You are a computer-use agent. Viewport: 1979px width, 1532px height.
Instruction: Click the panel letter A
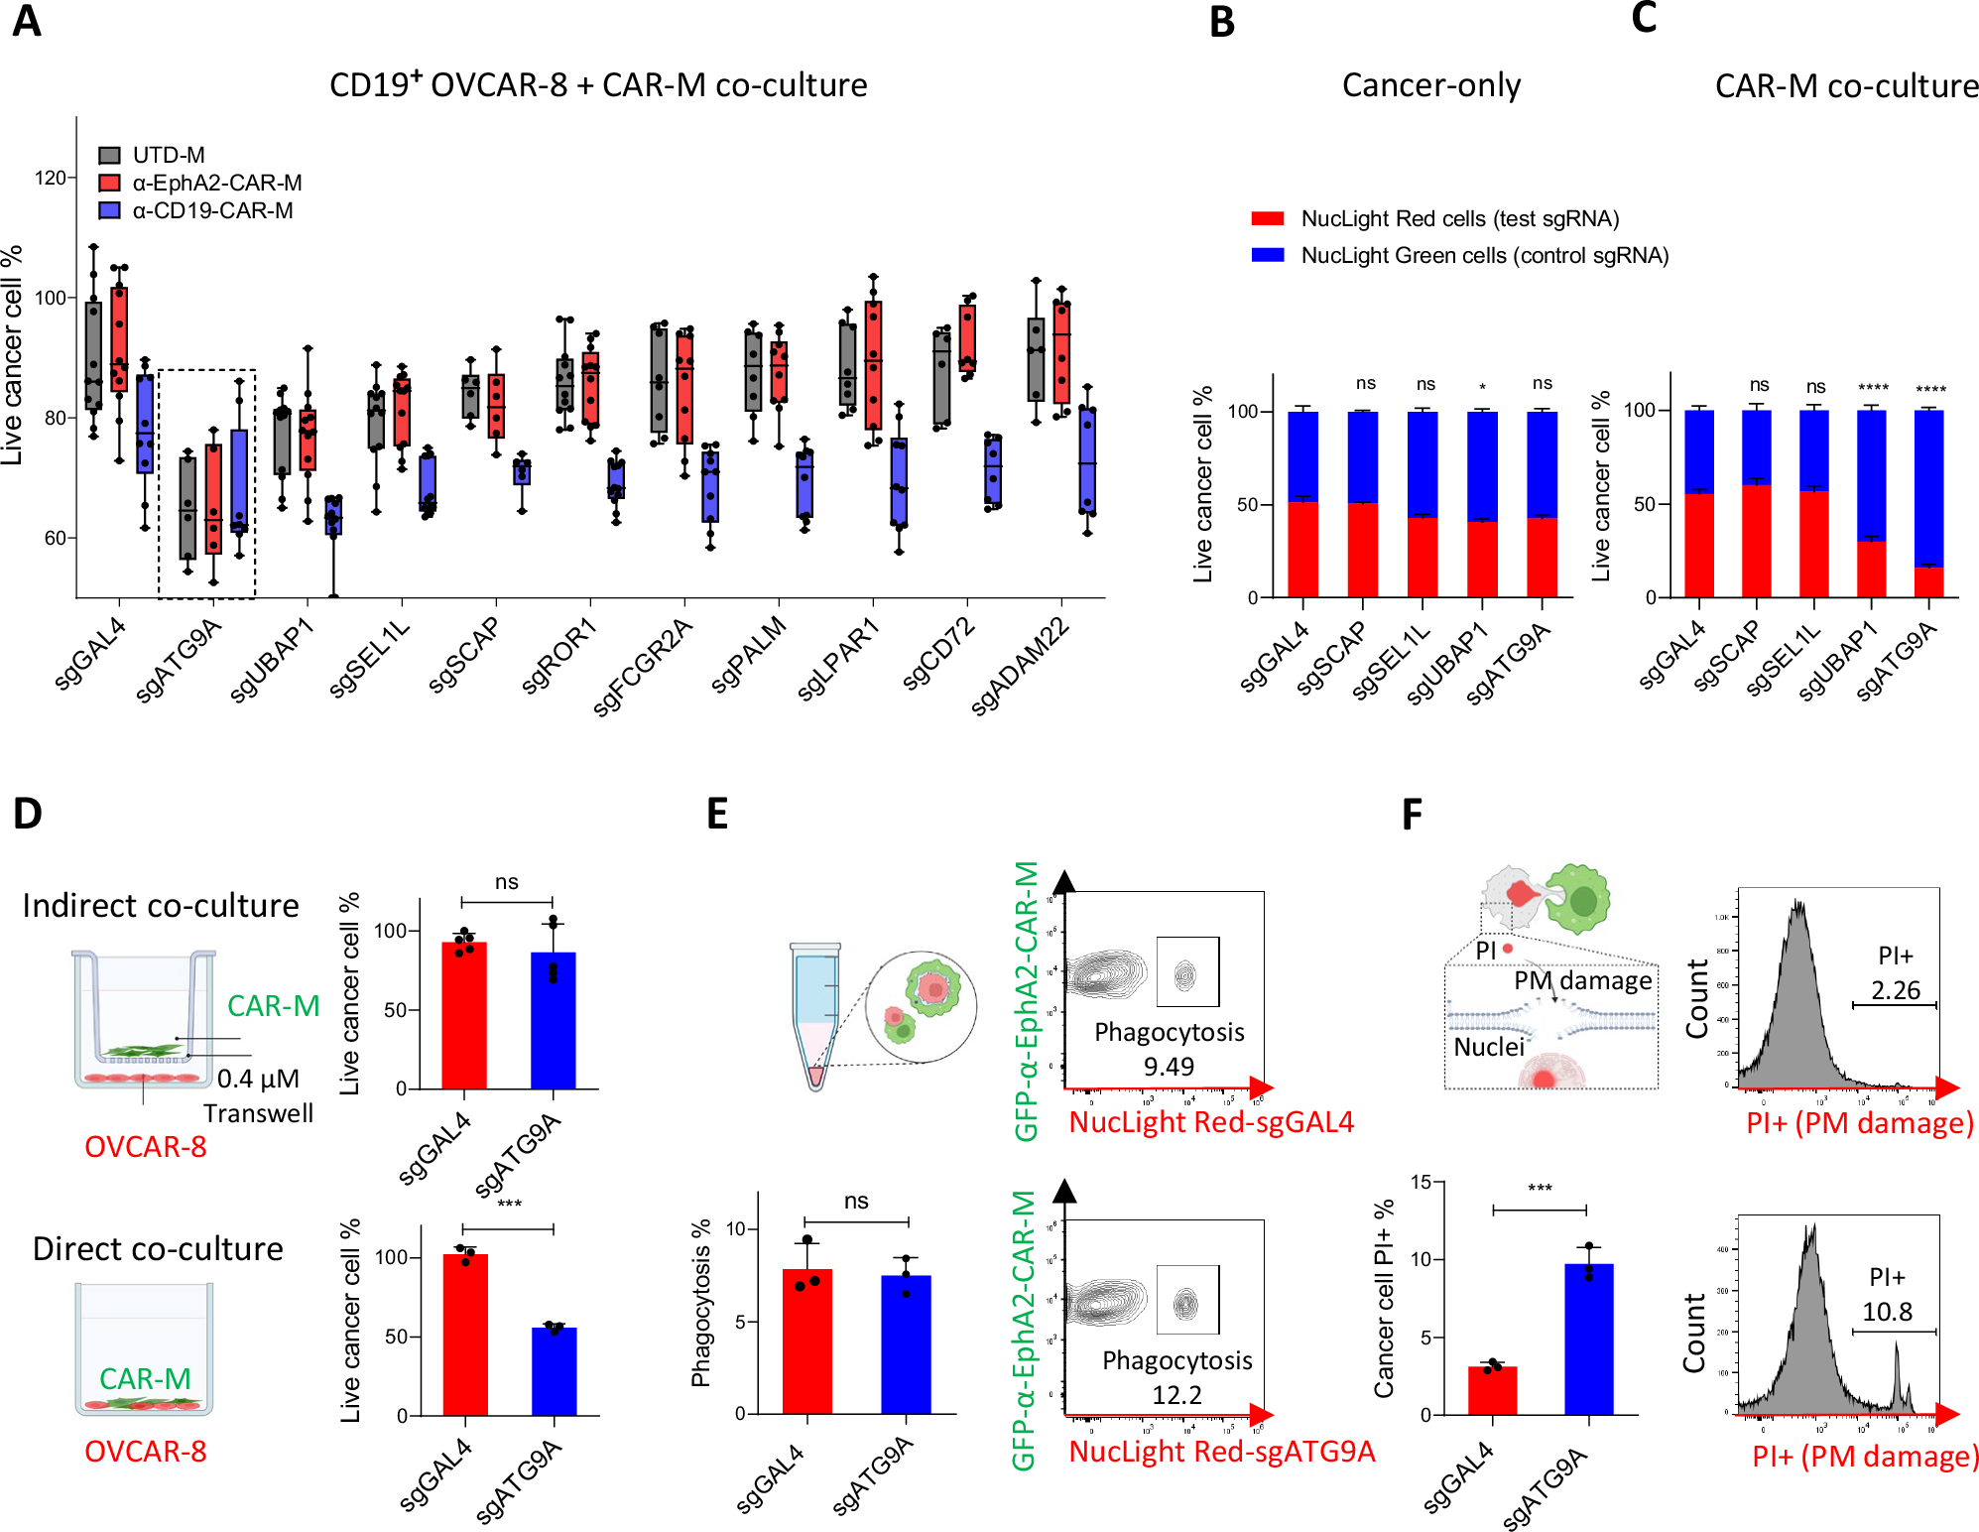point(27,22)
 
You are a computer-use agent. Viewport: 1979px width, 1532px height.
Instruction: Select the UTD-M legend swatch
point(109,155)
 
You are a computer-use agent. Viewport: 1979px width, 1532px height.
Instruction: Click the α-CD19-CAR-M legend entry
point(212,210)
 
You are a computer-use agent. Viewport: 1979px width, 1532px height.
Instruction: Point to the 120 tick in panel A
point(50,178)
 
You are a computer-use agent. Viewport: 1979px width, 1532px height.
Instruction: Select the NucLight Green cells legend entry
point(1484,256)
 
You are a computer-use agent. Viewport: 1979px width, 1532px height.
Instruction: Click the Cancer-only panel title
point(1430,86)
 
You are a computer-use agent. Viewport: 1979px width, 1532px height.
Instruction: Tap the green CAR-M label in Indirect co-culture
point(273,1006)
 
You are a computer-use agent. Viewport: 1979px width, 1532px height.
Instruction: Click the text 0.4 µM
point(258,1079)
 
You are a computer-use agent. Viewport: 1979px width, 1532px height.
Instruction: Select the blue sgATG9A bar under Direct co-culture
point(554,1371)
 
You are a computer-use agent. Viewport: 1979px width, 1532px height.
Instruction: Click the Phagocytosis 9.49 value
point(1169,1067)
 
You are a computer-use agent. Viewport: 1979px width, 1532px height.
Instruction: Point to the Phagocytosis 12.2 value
point(1176,1395)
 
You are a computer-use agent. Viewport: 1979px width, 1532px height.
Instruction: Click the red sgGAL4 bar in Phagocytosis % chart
point(806,1340)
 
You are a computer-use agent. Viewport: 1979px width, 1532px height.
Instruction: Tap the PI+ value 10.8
point(1887,1312)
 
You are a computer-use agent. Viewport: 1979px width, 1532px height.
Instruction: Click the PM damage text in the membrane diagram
point(1582,980)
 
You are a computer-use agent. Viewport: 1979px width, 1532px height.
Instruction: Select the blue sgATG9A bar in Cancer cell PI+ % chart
point(1588,1339)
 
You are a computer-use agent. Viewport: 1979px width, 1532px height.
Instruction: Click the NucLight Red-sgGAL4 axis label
point(1211,1122)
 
